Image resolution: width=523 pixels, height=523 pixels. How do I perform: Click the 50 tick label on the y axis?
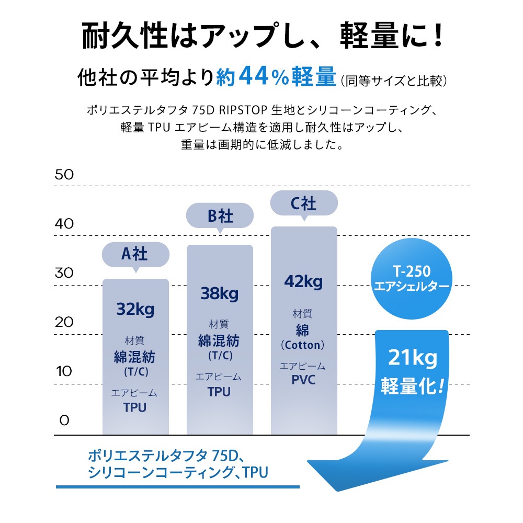point(64,175)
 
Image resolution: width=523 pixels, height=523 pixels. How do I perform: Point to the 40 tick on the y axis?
point(64,224)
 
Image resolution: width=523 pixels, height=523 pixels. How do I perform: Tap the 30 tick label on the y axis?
point(64,273)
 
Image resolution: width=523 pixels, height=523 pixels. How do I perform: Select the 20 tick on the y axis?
point(64,322)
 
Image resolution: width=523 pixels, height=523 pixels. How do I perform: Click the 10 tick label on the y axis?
point(64,371)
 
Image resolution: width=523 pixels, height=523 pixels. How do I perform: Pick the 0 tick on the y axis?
point(64,420)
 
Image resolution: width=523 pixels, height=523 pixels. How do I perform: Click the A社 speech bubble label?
point(135,255)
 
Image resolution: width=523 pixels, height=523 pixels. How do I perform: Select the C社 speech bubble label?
point(303,203)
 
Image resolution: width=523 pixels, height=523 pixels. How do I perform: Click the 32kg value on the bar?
point(135,310)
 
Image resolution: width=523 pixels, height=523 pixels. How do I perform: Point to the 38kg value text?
point(219,293)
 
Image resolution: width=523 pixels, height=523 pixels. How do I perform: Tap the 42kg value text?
point(303,282)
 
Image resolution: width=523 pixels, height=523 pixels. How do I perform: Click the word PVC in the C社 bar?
point(303,380)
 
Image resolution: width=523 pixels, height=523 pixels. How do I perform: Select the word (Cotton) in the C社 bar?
point(303,346)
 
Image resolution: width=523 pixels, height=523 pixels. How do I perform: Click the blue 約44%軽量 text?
point(276,78)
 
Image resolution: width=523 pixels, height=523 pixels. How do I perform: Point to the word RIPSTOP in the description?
point(244,111)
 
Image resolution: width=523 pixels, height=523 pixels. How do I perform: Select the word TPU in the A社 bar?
point(135,407)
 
